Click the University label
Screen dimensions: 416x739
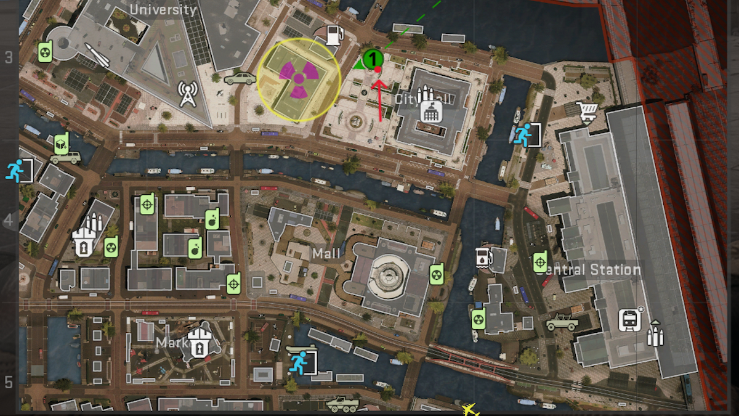click(x=163, y=10)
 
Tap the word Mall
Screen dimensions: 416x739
click(x=326, y=253)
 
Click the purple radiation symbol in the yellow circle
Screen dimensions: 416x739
click(x=299, y=79)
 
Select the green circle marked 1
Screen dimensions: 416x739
click(x=373, y=60)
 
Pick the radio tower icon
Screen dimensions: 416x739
click(x=188, y=94)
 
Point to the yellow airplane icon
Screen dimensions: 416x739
click(x=470, y=409)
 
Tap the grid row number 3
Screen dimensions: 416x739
click(x=9, y=57)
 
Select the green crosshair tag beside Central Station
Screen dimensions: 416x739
click(x=540, y=262)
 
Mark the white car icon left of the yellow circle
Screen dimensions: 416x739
click(x=240, y=79)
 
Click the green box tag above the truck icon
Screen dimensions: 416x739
click(x=60, y=144)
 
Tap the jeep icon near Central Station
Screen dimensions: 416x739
click(x=562, y=322)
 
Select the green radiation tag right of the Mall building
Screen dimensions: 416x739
click(x=437, y=274)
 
